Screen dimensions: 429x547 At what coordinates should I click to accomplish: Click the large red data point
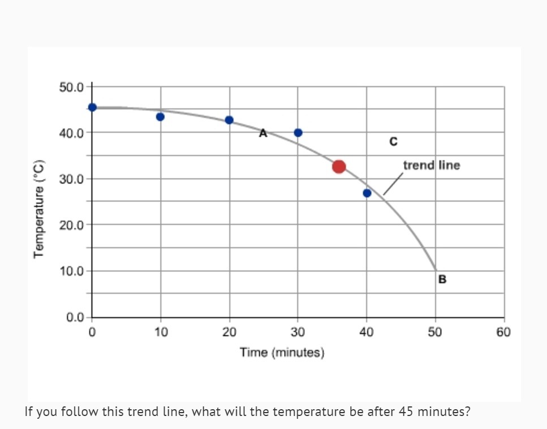coord(339,166)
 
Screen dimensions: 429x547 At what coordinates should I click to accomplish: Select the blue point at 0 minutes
coord(92,107)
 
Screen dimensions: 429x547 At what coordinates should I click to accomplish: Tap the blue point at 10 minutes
coord(160,117)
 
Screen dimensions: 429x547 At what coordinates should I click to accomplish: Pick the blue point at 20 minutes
coord(229,120)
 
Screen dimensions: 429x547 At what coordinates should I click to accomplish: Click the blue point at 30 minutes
coord(298,133)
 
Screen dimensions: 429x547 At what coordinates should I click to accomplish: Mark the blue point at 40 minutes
coord(367,193)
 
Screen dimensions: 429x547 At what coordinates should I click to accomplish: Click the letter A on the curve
coord(262,133)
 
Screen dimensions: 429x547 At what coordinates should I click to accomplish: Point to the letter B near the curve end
coord(442,279)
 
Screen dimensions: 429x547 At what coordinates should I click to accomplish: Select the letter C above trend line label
coord(393,142)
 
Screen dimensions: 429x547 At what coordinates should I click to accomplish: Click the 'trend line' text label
coord(432,165)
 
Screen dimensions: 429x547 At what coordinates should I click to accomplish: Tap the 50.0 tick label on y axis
coord(71,87)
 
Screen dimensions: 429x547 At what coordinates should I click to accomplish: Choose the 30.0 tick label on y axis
coord(71,179)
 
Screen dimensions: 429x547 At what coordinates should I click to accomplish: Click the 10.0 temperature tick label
coord(71,271)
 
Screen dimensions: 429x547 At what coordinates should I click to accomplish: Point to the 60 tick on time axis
coord(503,332)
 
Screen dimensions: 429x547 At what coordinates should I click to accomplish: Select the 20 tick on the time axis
coord(229,332)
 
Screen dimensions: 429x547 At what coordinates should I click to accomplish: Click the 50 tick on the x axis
coord(435,332)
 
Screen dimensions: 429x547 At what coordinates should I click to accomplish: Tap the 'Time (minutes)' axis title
coord(282,353)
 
